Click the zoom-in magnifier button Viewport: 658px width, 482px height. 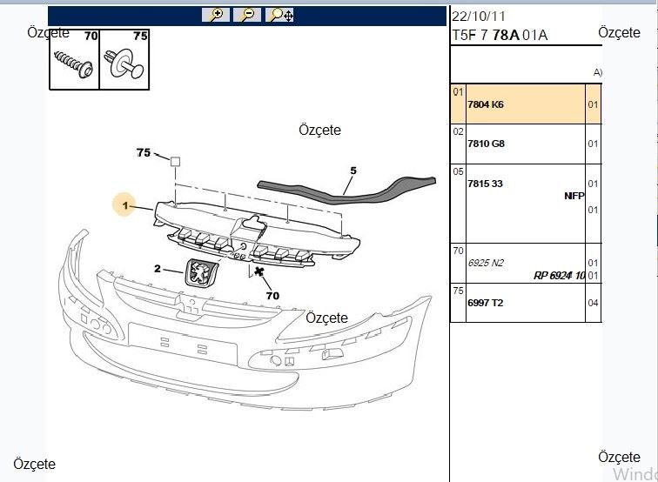point(216,15)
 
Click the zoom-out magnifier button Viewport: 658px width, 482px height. point(247,15)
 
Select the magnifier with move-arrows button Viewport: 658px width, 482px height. point(280,15)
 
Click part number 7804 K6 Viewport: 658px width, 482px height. point(486,104)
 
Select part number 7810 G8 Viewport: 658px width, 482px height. point(486,144)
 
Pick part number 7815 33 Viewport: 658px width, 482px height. point(485,184)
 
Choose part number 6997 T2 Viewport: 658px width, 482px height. point(486,303)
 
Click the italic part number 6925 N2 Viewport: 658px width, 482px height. point(486,263)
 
